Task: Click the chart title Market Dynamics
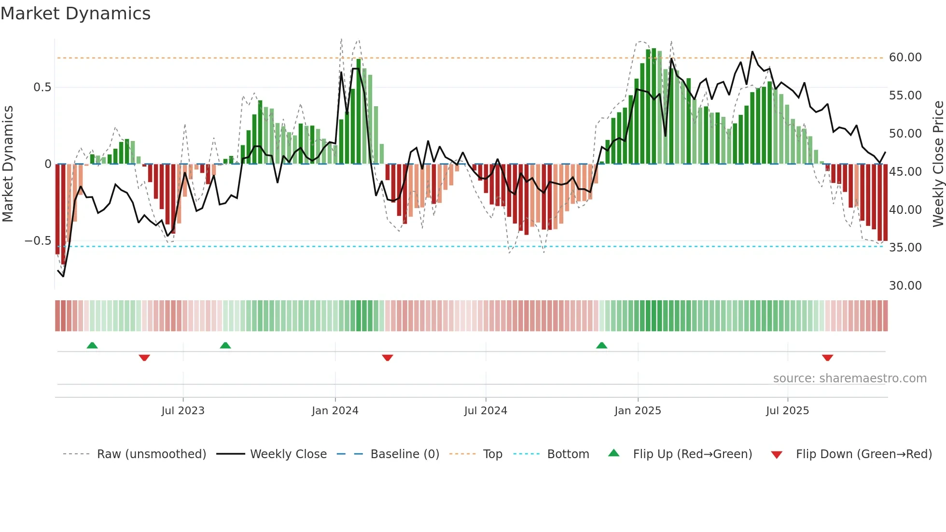click(75, 14)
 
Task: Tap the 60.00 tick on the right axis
click(905, 57)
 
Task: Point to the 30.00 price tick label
click(905, 286)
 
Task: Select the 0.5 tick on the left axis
click(42, 87)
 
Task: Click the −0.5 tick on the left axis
click(38, 241)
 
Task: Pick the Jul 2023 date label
click(183, 411)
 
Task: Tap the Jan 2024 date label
click(335, 411)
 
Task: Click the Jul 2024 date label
click(486, 411)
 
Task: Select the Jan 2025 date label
click(638, 411)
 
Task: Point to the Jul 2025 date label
click(787, 411)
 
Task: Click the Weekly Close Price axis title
click(938, 164)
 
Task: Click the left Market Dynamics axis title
click(8, 164)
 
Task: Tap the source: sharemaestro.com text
click(849, 378)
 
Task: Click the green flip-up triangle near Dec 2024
click(601, 346)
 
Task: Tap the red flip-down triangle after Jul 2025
click(827, 358)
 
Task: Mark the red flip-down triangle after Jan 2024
click(387, 358)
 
